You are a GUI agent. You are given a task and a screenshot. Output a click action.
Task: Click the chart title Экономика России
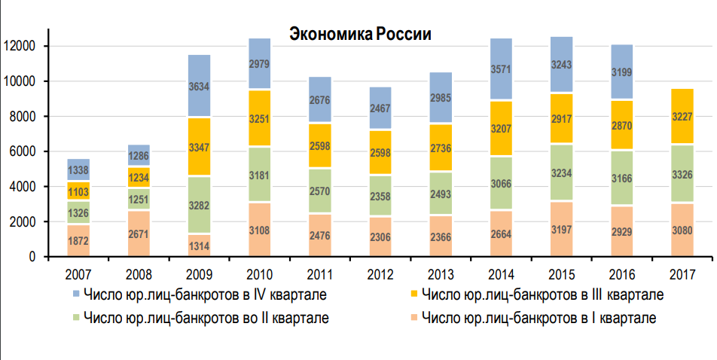(x=360, y=35)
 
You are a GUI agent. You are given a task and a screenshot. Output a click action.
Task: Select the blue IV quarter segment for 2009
(x=200, y=86)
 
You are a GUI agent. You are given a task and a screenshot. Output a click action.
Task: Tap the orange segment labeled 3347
(x=200, y=146)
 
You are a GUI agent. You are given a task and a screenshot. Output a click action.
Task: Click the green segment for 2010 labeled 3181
(x=260, y=174)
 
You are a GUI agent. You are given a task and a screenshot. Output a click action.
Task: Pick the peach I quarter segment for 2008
(x=139, y=233)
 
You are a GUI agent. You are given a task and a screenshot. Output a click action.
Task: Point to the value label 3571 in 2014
(x=501, y=69)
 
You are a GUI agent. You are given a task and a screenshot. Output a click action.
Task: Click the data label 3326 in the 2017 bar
(x=682, y=174)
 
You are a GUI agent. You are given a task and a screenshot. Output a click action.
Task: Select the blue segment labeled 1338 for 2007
(x=78, y=169)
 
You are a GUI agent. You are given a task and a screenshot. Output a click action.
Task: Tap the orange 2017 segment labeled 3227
(x=682, y=116)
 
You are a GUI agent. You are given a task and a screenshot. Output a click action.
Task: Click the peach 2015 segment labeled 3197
(x=561, y=229)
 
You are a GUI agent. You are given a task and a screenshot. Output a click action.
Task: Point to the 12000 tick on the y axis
(x=20, y=46)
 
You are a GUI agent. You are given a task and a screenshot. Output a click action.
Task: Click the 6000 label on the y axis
(x=23, y=151)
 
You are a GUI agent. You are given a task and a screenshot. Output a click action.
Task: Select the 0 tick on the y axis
(x=32, y=257)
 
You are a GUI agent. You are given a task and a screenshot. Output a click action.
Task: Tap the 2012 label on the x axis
(x=380, y=274)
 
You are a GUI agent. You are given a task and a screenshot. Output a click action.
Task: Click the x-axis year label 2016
(x=622, y=274)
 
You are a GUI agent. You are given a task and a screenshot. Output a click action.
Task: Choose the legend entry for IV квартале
(x=200, y=294)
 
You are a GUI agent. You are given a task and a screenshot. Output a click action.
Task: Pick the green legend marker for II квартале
(x=76, y=316)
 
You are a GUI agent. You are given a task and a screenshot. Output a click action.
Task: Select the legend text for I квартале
(x=539, y=318)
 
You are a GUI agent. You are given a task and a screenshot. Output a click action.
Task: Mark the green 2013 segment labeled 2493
(x=441, y=194)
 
